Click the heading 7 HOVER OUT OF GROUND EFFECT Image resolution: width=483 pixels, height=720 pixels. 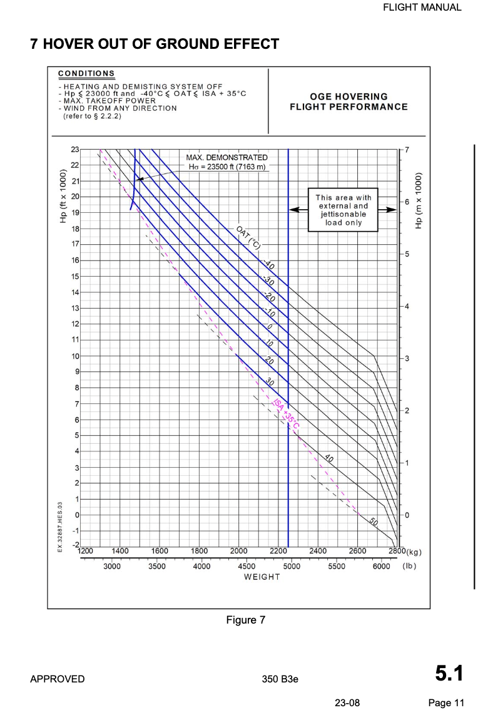pos(155,44)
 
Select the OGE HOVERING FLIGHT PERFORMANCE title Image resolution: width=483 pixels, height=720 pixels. pos(348,101)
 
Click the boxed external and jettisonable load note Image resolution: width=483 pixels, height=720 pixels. pos(343,210)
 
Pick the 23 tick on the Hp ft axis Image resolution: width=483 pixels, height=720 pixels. pos(75,150)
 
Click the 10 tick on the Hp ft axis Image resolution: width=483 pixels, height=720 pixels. pos(75,356)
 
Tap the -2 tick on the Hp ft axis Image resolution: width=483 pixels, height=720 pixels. pos(76,546)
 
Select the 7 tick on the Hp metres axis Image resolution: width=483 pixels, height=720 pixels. pos(407,150)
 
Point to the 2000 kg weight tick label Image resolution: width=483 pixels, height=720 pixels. pos(239,551)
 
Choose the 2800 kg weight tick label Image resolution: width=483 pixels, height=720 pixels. pos(397,551)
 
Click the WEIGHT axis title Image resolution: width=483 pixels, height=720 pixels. pos(262,576)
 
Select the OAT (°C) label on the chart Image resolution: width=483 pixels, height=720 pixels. pos(248,237)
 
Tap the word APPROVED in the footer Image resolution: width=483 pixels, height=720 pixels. pos(58,679)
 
